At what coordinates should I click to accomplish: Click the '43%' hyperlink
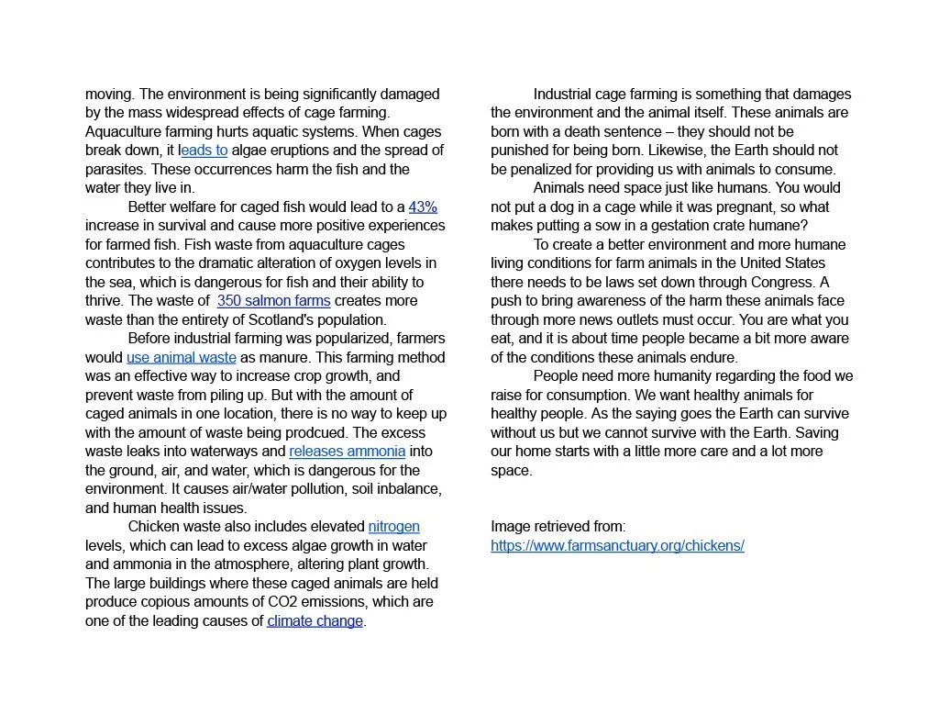(x=423, y=207)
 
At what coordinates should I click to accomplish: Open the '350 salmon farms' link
(x=273, y=301)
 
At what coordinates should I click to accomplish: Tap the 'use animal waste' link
(x=181, y=358)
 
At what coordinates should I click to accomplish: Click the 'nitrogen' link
(x=393, y=527)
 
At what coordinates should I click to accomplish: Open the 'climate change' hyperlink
(x=315, y=621)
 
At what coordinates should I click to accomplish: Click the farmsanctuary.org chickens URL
(x=617, y=546)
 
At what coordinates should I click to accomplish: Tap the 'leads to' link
(x=204, y=151)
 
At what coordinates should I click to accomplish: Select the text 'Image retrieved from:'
(x=558, y=527)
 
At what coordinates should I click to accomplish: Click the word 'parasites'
(x=116, y=170)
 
